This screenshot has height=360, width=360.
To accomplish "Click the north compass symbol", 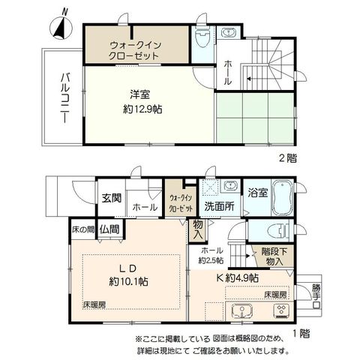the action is [61, 26].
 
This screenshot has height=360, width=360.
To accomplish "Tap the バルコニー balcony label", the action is [64, 97].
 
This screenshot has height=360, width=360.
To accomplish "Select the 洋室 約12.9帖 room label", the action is [142, 102].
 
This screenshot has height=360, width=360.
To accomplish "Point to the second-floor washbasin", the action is [228, 33].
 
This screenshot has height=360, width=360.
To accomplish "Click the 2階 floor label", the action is [288, 158].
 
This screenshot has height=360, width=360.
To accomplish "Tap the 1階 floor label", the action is [301, 334].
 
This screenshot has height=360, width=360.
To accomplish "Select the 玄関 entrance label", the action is [112, 198].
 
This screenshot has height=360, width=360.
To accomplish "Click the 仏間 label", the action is [109, 229].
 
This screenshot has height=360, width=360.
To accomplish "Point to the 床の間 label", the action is [83, 229].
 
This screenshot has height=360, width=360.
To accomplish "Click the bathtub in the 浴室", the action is [283, 197].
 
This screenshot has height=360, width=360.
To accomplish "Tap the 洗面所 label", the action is [219, 206].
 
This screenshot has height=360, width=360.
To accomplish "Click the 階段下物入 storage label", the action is [274, 256].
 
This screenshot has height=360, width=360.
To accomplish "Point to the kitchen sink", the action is [242, 311].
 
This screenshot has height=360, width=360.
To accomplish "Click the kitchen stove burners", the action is [282, 311].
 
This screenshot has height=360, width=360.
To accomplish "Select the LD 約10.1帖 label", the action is [128, 275].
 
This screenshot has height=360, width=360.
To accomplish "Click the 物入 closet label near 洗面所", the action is [198, 229].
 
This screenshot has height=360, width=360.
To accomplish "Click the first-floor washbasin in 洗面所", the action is [230, 186].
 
